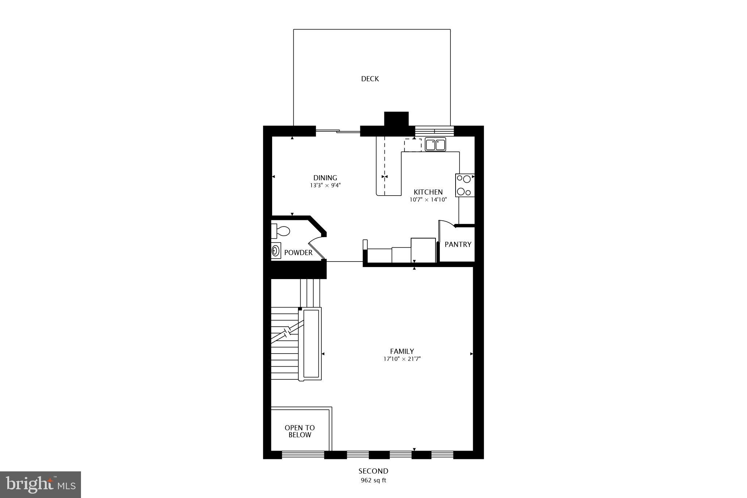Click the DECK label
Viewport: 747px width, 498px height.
point(370,79)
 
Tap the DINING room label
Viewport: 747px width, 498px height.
point(325,178)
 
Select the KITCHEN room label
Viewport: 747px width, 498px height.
point(428,192)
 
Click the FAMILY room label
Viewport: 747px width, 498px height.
point(402,351)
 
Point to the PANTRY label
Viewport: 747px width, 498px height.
point(458,244)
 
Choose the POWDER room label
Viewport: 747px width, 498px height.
point(298,252)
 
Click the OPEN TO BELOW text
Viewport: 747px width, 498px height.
point(299,431)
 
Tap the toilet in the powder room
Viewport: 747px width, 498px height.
point(280,231)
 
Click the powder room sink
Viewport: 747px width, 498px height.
point(276,251)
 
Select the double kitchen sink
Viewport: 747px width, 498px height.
point(435,145)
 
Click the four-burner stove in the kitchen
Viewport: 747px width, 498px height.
point(464,185)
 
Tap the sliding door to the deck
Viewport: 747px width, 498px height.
point(338,131)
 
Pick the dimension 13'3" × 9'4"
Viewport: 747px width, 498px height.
point(325,185)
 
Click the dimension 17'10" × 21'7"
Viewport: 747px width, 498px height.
point(402,359)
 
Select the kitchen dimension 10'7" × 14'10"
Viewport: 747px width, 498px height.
point(428,200)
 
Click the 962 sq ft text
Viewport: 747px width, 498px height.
point(373,480)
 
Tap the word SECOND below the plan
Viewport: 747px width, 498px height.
point(373,471)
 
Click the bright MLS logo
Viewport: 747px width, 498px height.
point(40,485)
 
